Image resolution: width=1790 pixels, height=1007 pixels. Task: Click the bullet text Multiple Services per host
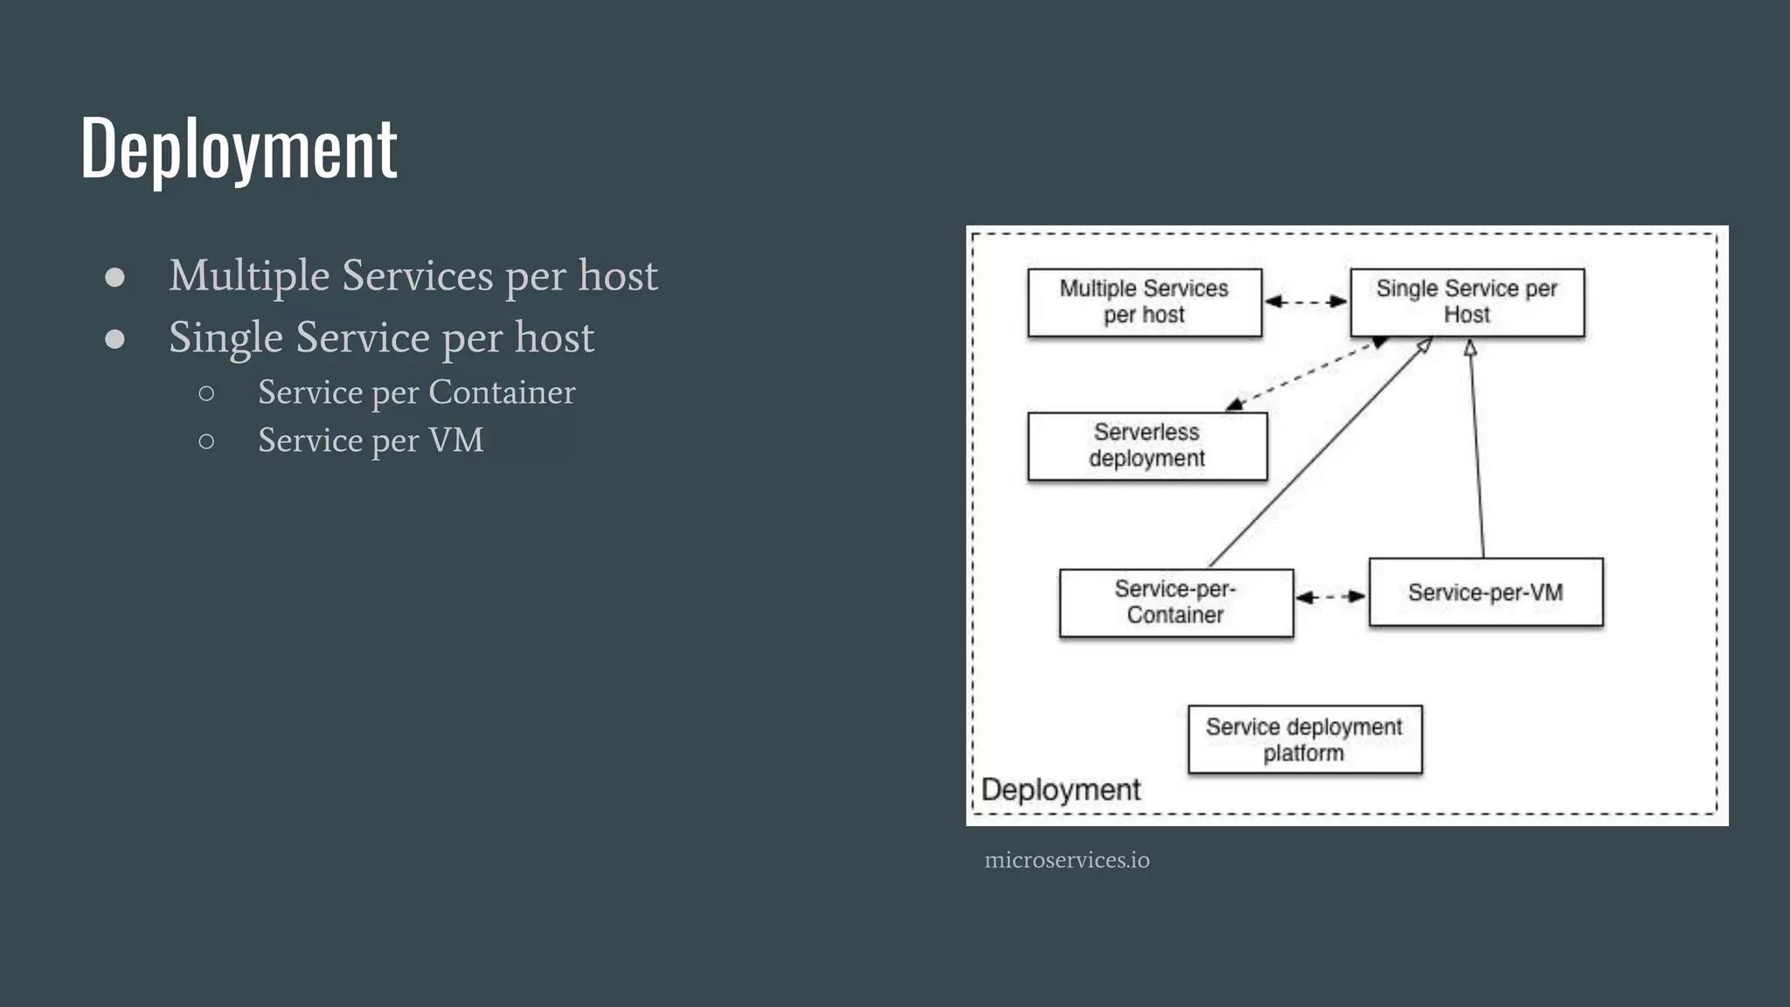click(x=413, y=276)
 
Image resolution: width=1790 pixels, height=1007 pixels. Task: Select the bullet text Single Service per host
click(x=381, y=337)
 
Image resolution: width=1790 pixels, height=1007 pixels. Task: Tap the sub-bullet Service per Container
click(x=416, y=392)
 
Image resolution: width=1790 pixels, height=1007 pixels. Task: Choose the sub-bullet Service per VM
click(x=371, y=441)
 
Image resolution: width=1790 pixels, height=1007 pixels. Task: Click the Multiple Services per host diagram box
click(x=1144, y=302)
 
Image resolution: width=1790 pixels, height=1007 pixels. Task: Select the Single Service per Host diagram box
click(x=1467, y=302)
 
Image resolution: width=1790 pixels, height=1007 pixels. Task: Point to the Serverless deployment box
click(x=1147, y=446)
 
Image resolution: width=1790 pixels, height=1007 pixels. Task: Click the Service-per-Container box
click(x=1176, y=602)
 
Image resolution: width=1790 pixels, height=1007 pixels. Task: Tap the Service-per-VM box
click(x=1485, y=593)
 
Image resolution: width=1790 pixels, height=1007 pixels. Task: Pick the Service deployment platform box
click(x=1304, y=740)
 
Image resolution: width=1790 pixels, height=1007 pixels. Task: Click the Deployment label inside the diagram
click(x=1060, y=789)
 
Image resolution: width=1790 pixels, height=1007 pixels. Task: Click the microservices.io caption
click(x=1066, y=860)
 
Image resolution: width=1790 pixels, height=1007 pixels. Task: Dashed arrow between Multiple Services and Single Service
click(x=1306, y=302)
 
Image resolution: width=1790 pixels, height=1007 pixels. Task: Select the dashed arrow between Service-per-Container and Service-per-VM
click(x=1330, y=597)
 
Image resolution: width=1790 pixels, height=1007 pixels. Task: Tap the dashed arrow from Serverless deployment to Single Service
click(x=1307, y=373)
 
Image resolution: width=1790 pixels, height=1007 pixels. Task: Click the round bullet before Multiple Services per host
click(x=114, y=277)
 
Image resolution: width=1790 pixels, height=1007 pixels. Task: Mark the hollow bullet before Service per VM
click(x=206, y=441)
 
